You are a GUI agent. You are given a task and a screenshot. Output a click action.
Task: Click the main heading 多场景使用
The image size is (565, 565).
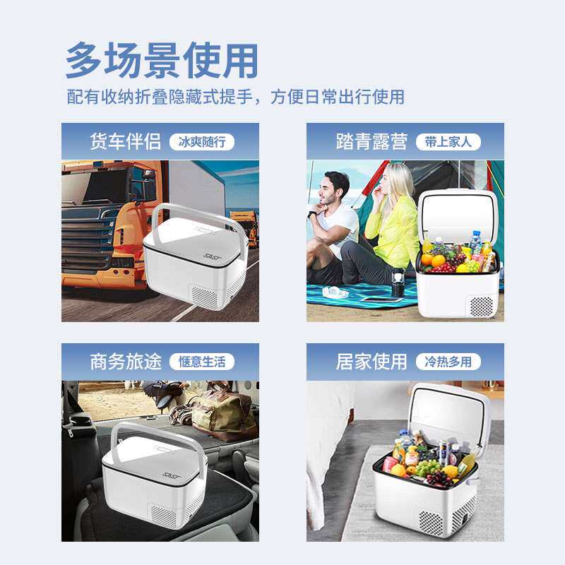click(x=162, y=61)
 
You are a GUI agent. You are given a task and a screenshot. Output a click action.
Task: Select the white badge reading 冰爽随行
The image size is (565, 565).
click(x=201, y=142)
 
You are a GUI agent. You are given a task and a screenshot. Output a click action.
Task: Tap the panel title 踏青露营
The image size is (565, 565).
click(x=371, y=141)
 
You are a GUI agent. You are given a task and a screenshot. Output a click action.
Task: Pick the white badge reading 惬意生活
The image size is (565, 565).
click(x=201, y=362)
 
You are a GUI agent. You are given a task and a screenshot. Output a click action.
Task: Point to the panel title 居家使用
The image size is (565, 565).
click(x=371, y=362)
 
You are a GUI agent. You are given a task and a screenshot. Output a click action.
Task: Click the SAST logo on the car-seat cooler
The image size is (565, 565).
click(x=172, y=477)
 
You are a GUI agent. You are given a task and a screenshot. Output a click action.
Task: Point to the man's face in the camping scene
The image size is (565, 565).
click(x=335, y=191)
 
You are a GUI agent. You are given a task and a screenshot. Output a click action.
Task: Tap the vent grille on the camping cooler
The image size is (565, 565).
click(x=481, y=306)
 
